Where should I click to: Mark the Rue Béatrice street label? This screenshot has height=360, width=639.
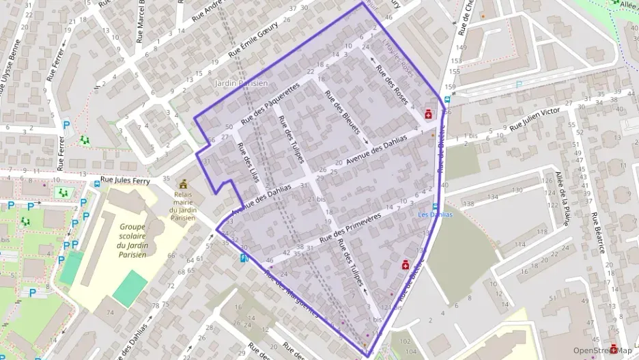click(x=598, y=232)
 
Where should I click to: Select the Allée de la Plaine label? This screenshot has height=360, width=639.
click(x=564, y=198)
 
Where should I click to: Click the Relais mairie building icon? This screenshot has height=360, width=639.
click(x=183, y=184)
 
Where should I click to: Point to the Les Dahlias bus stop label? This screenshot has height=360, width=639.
click(x=435, y=214)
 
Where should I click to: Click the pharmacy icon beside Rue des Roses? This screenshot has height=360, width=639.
click(x=429, y=114)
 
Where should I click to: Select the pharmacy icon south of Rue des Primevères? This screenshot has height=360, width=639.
click(x=405, y=264)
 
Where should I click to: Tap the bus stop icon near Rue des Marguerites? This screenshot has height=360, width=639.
click(x=244, y=258)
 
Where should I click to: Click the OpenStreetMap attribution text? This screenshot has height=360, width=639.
click(x=601, y=350)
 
